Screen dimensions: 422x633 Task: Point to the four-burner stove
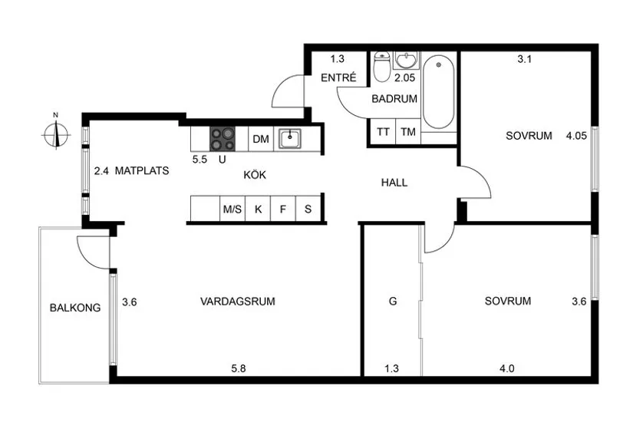(x=223, y=139)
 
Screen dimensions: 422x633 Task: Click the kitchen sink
(x=290, y=139)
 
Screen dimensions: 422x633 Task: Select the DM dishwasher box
(x=261, y=139)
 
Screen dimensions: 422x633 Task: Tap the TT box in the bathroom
(x=382, y=132)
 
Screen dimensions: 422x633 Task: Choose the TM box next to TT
(x=408, y=132)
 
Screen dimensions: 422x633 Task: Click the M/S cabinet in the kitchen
(x=231, y=209)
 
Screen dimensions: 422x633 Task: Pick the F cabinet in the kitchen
(x=282, y=209)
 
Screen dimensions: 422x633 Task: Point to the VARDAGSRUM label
(x=237, y=302)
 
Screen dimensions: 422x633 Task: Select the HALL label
(x=394, y=183)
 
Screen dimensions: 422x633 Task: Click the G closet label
(x=392, y=302)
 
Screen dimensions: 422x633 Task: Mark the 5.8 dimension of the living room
(x=239, y=368)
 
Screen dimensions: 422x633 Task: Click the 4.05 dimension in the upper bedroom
(x=575, y=136)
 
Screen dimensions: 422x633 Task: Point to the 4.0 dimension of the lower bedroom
(x=506, y=368)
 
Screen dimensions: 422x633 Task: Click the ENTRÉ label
(x=337, y=77)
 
